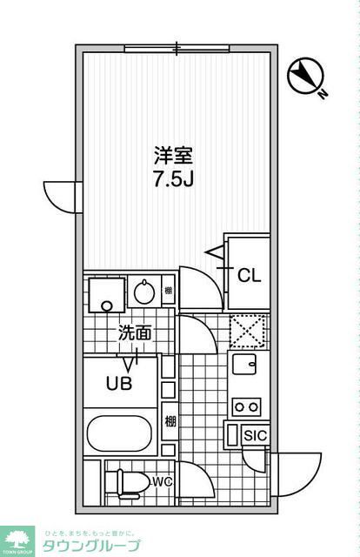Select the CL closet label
tap(250, 275)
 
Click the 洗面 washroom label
tap(135, 332)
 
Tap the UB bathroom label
tap(119, 384)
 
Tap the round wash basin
tap(143, 292)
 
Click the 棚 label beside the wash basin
tap(168, 291)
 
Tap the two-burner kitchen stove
tap(247, 405)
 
